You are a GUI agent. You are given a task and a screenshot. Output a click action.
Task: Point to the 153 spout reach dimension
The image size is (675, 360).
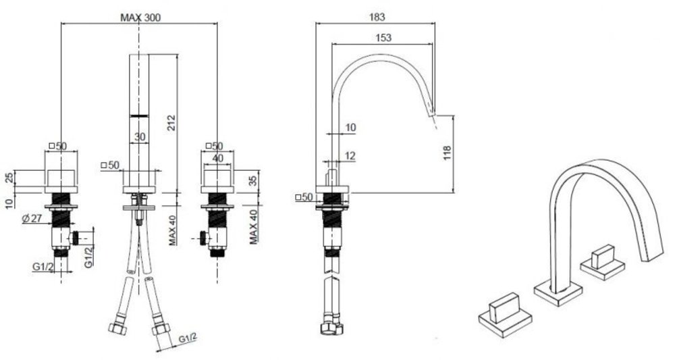click(x=382, y=38)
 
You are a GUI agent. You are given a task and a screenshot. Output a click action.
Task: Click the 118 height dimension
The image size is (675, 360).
click(x=446, y=154)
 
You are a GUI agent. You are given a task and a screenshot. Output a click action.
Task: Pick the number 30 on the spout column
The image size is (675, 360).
click(x=140, y=136)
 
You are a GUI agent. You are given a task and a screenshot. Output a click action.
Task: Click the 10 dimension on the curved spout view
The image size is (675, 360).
click(x=351, y=126)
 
